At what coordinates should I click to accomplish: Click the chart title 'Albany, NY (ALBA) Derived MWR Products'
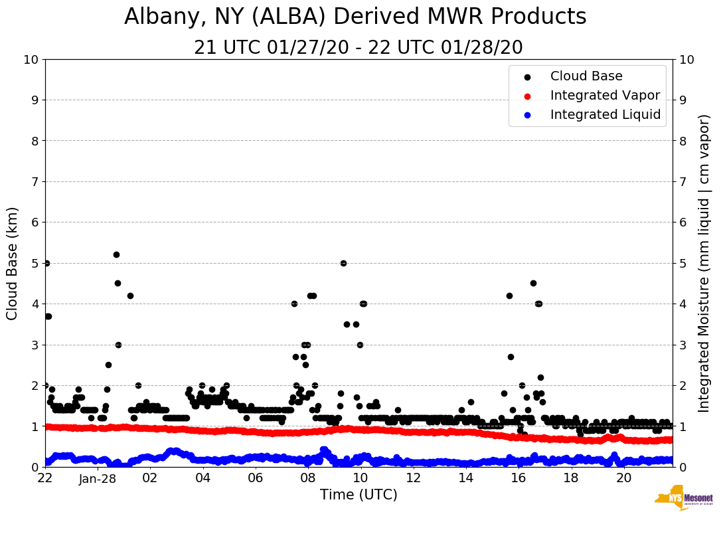355,17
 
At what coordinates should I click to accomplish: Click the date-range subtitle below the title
359,48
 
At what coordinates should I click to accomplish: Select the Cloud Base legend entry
586,76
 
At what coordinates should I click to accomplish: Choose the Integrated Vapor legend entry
605,96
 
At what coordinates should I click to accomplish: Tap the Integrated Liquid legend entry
605,115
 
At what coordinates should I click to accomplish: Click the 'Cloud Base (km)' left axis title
13,263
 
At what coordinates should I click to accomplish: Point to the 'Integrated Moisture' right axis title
704,263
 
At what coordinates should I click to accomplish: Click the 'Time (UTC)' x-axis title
359,495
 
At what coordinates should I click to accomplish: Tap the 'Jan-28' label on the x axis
98,478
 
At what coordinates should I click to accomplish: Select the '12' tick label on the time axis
413,478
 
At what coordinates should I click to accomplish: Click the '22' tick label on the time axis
45,478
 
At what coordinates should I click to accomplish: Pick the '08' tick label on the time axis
307,478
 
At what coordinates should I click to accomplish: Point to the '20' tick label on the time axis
623,478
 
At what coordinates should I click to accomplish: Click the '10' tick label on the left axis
31,59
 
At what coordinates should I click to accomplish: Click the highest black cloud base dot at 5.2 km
116,254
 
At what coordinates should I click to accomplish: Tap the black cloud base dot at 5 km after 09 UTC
343,263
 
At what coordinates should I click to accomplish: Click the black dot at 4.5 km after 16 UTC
533,283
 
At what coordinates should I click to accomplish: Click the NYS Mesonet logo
683,497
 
